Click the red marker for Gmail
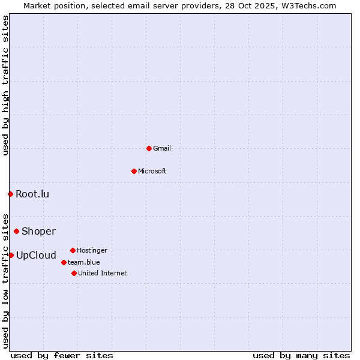click(x=149, y=148)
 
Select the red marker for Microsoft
click(x=134, y=171)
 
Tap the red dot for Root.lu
click(x=10, y=194)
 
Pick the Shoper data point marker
click(x=16, y=231)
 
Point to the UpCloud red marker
click(x=11, y=255)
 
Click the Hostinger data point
click(x=73, y=250)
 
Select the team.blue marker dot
click(x=64, y=262)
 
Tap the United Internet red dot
click(x=74, y=273)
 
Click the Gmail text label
click(x=162, y=148)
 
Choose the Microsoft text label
click(x=152, y=171)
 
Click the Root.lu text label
click(x=32, y=194)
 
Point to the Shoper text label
click(x=38, y=231)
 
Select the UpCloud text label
click(x=36, y=255)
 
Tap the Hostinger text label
click(x=92, y=250)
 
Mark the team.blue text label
click(x=84, y=262)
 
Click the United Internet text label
click(x=103, y=273)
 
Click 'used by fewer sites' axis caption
click(x=62, y=355)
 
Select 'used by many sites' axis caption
click(x=301, y=355)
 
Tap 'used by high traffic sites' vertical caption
click(x=5, y=85)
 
